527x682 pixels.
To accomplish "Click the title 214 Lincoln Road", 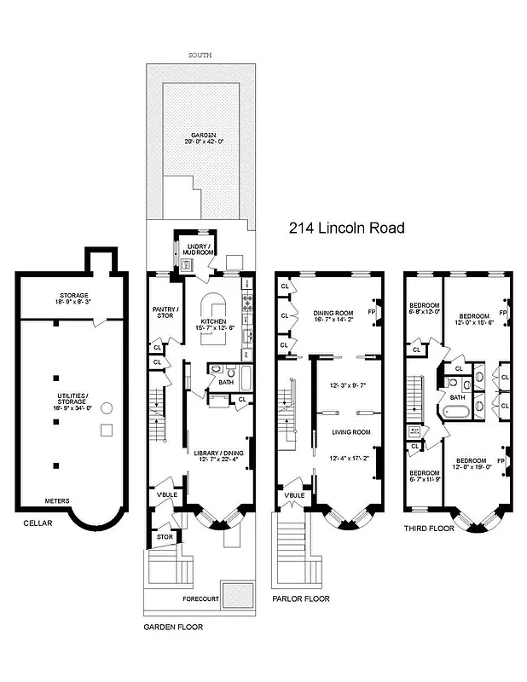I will coord(346,228).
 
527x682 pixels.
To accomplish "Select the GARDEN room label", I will coord(202,135).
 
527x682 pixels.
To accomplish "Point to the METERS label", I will coord(57,500).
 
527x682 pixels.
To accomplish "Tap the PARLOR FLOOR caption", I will coord(301,599).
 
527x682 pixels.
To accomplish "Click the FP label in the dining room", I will coord(370,312).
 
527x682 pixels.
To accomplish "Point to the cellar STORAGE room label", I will coord(73,295).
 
